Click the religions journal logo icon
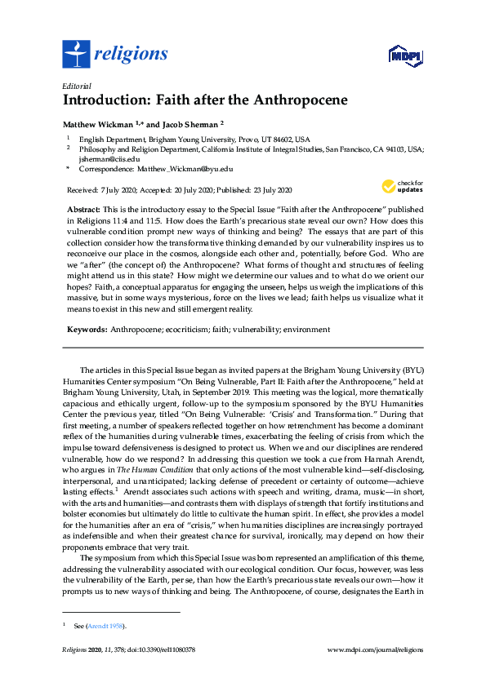click(77, 55)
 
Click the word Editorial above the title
click(76, 86)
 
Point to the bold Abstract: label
click(83, 208)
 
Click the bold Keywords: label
click(87, 330)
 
